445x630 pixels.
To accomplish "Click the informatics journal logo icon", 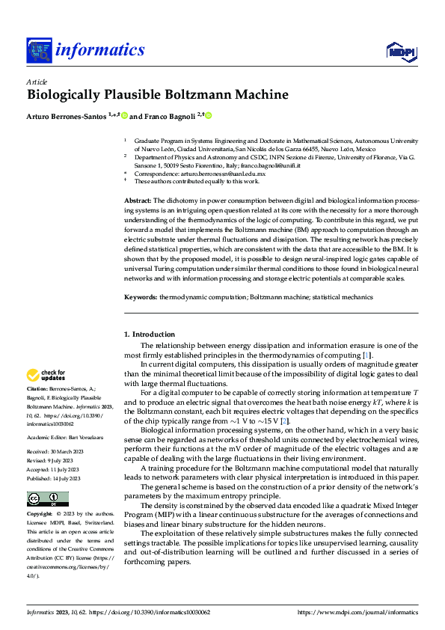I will click(x=38, y=51).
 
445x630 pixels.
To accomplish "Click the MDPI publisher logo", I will click(x=399, y=50).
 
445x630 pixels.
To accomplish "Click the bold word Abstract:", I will click(x=138, y=201).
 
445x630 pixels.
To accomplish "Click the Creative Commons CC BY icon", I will click(x=47, y=499).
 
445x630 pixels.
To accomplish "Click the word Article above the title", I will click(x=37, y=81).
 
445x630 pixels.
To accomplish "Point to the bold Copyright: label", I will click(x=40, y=514).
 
